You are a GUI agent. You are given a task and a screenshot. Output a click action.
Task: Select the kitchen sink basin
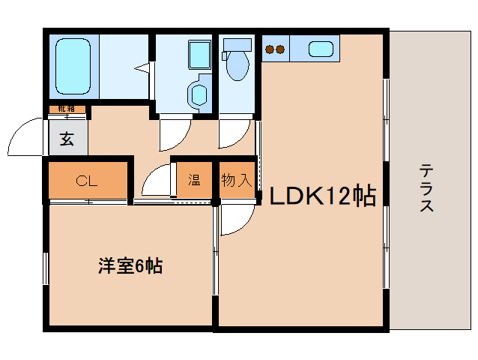pyautogui.click(x=321, y=50)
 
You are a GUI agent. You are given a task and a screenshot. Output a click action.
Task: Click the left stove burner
pyautogui.click(x=270, y=50)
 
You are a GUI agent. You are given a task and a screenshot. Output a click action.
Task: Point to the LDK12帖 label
pyautogui.click(x=321, y=196)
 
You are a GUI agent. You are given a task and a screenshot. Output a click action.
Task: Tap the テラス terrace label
pyautogui.click(x=426, y=187)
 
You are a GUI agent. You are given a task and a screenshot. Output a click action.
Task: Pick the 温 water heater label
pyautogui.click(x=194, y=181)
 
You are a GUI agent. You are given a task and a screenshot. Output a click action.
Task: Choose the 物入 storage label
pyautogui.click(x=235, y=181)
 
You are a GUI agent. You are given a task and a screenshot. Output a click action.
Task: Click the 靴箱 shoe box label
pyautogui.click(x=67, y=109)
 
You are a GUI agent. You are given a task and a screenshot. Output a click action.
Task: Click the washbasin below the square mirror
pyautogui.click(x=199, y=94)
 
